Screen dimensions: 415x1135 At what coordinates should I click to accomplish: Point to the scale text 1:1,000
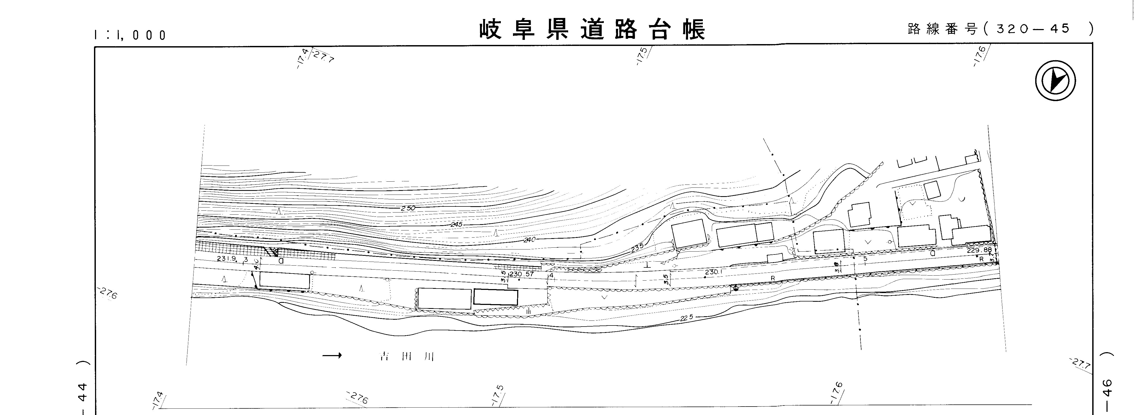point(130,35)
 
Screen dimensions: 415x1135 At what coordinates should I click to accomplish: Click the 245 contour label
point(456,225)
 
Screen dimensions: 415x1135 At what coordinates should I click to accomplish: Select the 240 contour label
point(529,240)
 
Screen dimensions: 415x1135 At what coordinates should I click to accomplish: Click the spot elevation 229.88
point(979,250)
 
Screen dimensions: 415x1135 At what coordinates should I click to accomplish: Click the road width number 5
point(865,259)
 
